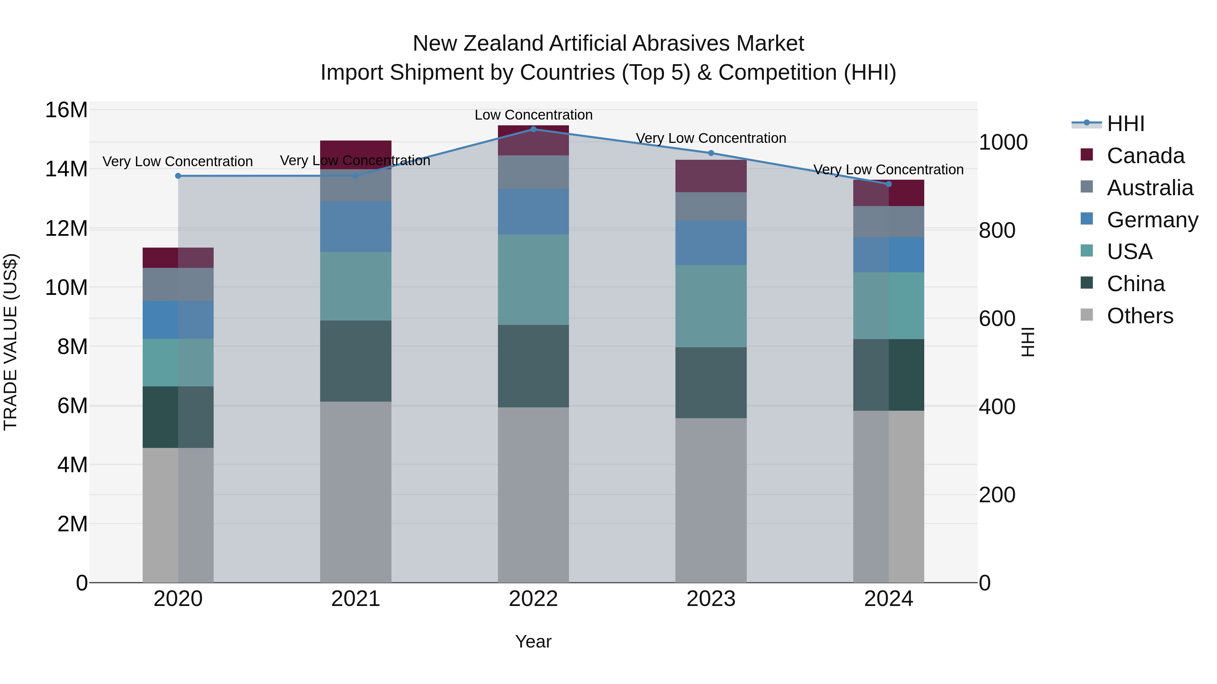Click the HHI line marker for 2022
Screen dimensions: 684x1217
point(533,129)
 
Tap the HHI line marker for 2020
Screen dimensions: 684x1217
point(178,176)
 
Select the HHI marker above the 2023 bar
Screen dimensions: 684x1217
point(711,153)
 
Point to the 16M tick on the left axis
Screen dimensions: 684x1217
point(66,110)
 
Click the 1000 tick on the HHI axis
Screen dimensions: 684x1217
point(1003,142)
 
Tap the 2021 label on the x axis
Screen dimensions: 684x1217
point(356,599)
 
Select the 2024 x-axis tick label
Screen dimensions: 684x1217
point(889,599)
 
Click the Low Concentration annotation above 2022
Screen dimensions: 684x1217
point(533,115)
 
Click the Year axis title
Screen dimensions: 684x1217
point(533,641)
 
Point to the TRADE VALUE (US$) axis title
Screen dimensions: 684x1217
point(10,342)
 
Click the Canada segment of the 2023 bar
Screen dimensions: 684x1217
point(711,176)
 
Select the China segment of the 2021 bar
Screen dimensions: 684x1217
point(356,361)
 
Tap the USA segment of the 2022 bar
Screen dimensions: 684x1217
point(533,279)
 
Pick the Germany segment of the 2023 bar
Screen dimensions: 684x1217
point(711,243)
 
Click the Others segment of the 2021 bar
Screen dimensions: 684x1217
point(356,492)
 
